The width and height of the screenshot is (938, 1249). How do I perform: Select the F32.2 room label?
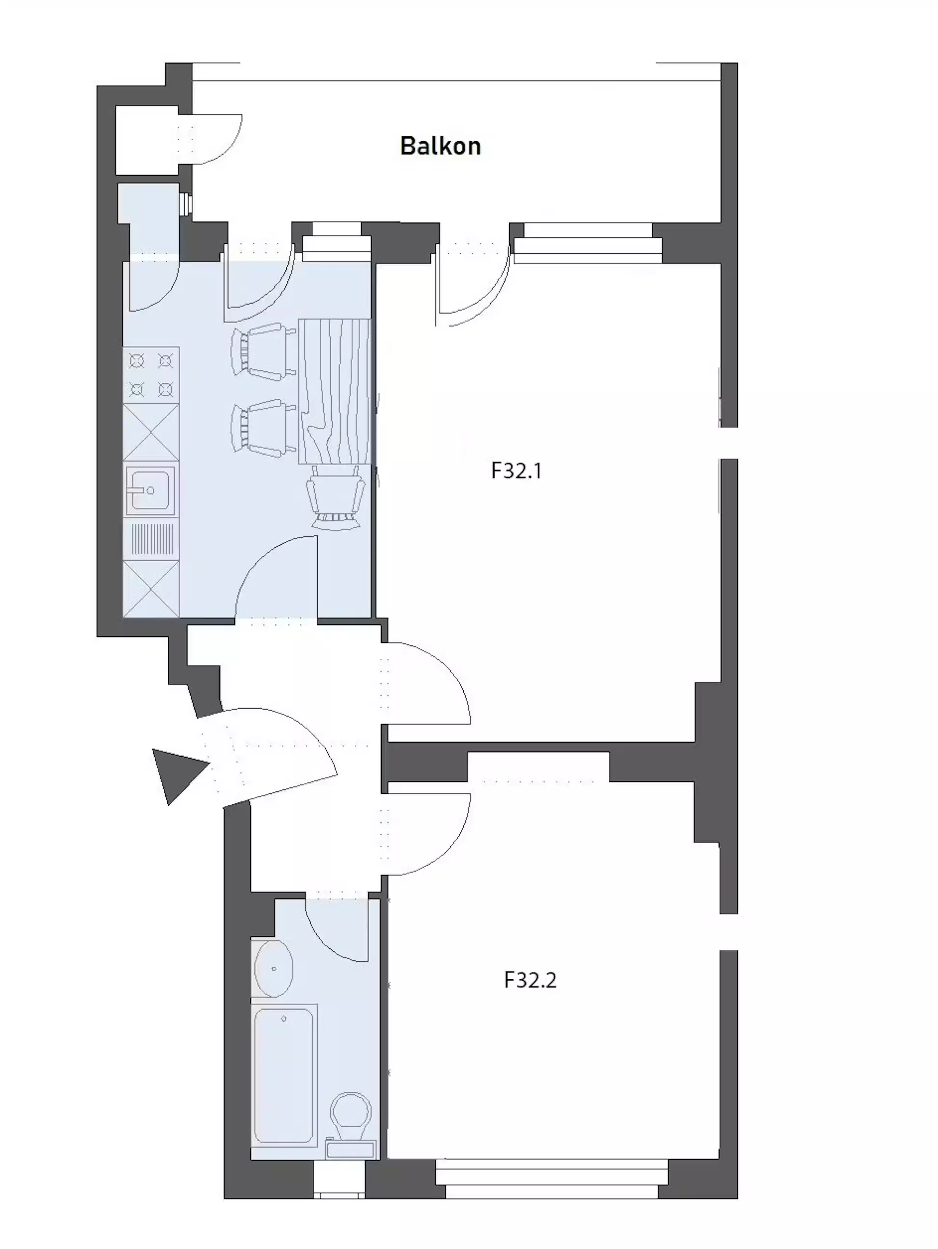point(530,980)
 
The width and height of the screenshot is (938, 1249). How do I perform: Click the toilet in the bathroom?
point(350,1115)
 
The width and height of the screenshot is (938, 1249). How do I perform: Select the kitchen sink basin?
point(150,490)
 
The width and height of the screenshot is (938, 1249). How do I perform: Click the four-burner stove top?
point(151,374)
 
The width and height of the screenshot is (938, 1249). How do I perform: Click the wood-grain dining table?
point(335,391)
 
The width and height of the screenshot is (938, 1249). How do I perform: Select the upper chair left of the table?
point(263,348)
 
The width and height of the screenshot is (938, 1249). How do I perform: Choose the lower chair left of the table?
point(263,426)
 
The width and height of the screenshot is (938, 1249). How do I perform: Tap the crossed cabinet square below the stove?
point(151,432)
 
